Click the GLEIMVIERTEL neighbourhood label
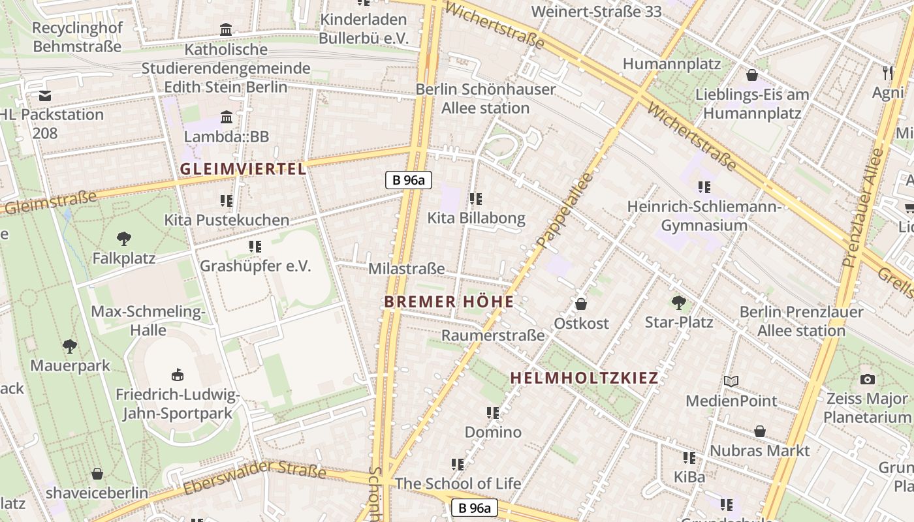pyautogui.click(x=243, y=169)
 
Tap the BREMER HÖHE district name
pyautogui.click(x=449, y=301)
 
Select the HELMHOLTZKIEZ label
pyautogui.click(x=584, y=378)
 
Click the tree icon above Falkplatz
pyautogui.click(x=123, y=239)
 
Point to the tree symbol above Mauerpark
pyautogui.click(x=70, y=346)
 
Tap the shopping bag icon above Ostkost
pyautogui.click(x=581, y=304)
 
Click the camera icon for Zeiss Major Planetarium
pyautogui.click(x=868, y=379)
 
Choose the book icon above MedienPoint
pyautogui.click(x=731, y=381)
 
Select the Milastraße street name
pyautogui.click(x=407, y=268)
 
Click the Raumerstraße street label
pyautogui.click(x=493, y=335)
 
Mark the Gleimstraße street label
pyautogui.click(x=51, y=202)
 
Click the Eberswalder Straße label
pyautogui.click(x=255, y=477)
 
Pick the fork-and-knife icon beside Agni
pyautogui.click(x=887, y=72)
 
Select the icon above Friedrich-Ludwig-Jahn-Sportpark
pyautogui.click(x=177, y=375)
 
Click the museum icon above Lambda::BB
pyautogui.click(x=227, y=117)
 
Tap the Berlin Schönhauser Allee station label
pyautogui.click(x=486, y=98)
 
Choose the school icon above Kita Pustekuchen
pyautogui.click(x=227, y=200)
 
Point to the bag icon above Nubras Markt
pyautogui.click(x=759, y=431)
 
